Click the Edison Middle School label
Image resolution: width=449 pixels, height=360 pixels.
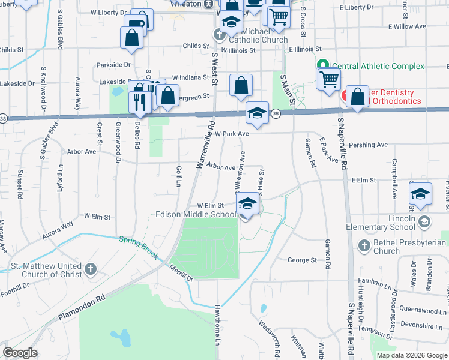coord(196,214)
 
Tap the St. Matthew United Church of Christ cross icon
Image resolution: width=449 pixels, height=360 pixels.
coord(90,268)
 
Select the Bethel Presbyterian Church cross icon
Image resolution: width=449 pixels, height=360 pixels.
coord(364,245)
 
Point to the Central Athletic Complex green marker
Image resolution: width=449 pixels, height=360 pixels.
coord(322,66)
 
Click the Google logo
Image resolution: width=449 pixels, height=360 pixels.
coord(20,353)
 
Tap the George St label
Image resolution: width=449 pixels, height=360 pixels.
coord(302,260)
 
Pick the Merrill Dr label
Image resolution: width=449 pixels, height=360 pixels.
coord(181,274)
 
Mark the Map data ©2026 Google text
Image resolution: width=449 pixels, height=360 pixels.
coord(411,355)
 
